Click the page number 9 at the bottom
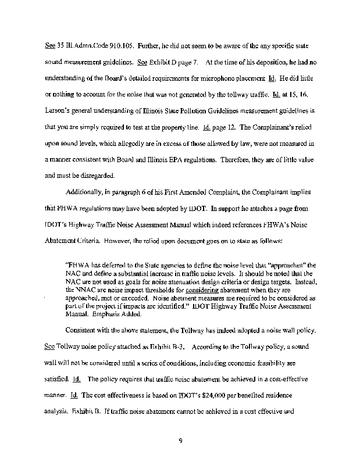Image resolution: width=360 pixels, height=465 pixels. point(181,440)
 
